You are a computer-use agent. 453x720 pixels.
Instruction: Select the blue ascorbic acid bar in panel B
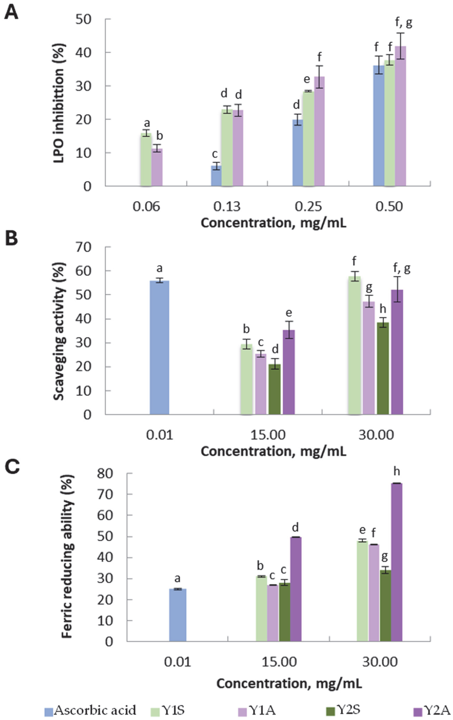point(159,347)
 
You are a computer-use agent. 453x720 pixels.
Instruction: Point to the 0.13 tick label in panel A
point(227,207)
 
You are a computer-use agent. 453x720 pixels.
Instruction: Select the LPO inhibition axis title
point(59,102)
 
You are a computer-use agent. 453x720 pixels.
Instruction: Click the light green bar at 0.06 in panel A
point(146,160)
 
